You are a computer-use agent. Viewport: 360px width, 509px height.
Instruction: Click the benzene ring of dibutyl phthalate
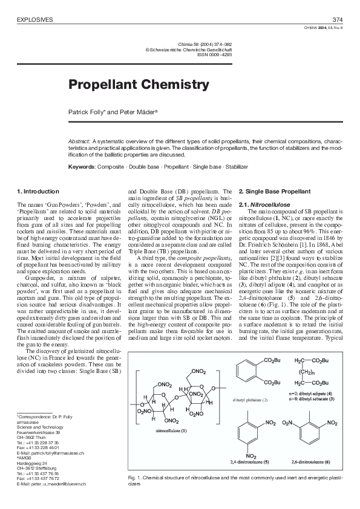coord(249,374)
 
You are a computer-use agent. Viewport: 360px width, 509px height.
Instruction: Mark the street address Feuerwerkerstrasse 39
coord(39,432)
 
